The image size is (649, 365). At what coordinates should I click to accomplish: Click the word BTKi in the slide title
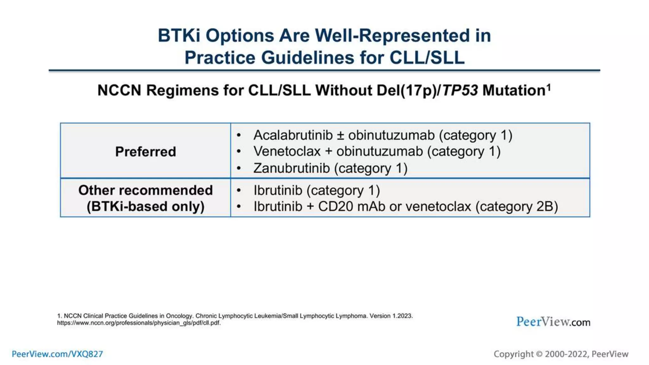coord(179,35)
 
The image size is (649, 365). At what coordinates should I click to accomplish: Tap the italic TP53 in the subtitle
coord(460,91)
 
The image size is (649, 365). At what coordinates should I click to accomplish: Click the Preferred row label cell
coord(145,151)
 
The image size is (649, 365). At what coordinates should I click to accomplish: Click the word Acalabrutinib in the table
coord(293,135)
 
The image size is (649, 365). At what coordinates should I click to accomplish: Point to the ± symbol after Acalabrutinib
coord(340,136)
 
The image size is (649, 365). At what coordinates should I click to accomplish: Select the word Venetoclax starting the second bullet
coord(287,151)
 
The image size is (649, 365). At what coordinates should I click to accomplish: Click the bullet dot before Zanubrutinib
coord(239,169)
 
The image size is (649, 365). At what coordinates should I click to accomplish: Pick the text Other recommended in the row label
coord(145,190)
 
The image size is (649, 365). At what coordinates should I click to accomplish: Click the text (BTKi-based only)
coord(145,207)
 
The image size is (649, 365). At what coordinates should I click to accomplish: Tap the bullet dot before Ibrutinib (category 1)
coord(239,190)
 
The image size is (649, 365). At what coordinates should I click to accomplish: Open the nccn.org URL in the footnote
coord(138,323)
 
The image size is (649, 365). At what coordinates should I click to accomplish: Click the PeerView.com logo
coord(553,322)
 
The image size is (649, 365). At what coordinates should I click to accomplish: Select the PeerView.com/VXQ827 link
coord(57,354)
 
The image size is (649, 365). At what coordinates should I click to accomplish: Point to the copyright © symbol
coord(539,354)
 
